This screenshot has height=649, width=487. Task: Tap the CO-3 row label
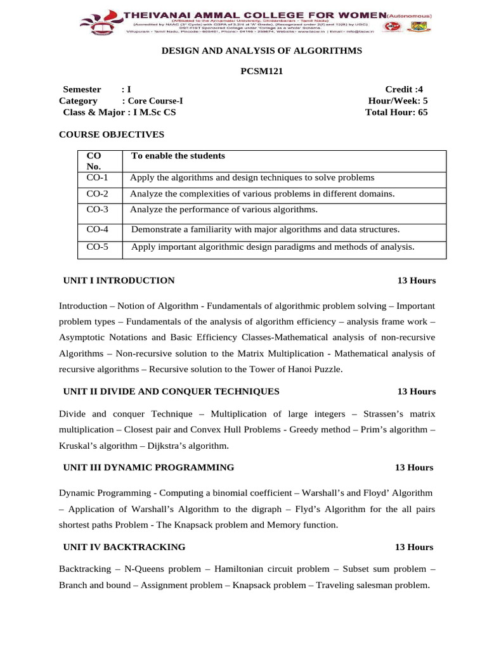click(x=98, y=209)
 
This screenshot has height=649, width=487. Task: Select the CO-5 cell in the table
click(x=98, y=247)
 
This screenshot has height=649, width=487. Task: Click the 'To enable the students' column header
click(x=178, y=156)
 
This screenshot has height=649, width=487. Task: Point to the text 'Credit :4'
click(x=404, y=89)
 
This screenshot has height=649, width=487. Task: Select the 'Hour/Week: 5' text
click(x=398, y=101)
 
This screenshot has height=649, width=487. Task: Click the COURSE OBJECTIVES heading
click(x=112, y=134)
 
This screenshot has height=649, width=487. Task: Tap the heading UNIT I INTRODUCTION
click(x=119, y=280)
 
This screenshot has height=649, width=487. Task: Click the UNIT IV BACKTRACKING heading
click(x=124, y=546)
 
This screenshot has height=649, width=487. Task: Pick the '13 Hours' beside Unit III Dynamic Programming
click(x=414, y=467)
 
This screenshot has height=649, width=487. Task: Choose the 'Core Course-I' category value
click(x=156, y=101)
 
